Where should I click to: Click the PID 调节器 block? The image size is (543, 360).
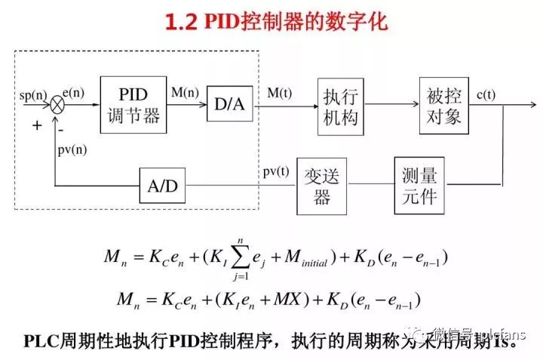click(133, 104)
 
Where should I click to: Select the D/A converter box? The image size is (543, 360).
click(230, 104)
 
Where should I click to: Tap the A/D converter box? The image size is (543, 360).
click(162, 186)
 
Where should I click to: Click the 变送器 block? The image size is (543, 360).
click(322, 185)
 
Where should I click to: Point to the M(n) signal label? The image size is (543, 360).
click(185, 93)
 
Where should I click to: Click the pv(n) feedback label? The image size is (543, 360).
click(72, 149)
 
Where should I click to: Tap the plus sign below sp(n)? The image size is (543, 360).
click(36, 125)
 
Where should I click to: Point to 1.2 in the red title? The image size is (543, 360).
click(180, 23)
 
